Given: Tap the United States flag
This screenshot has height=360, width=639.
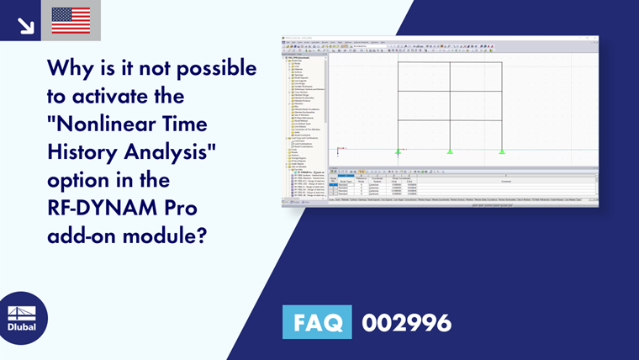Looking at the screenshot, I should click(x=71, y=21).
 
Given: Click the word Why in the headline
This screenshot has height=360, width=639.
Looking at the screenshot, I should click(x=69, y=66).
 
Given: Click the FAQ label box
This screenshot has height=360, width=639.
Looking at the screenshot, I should click(x=319, y=321).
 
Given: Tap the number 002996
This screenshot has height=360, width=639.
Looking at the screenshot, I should click(x=406, y=321).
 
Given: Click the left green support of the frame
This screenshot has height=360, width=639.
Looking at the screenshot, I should click(x=398, y=151).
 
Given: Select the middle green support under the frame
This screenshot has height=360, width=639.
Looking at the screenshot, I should click(x=450, y=151).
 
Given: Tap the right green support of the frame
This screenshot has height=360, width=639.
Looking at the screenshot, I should click(x=502, y=151).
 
